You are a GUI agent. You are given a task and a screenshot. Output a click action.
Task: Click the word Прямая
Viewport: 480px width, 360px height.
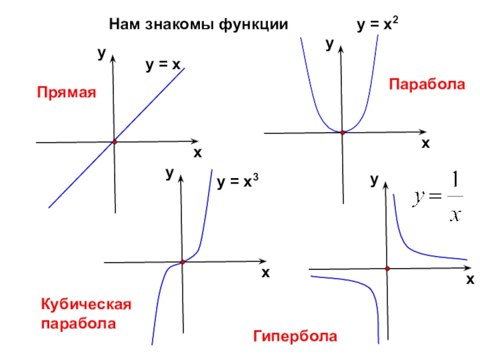coord(67,93)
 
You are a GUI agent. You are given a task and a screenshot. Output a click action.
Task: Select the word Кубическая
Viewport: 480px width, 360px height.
coord(85,305)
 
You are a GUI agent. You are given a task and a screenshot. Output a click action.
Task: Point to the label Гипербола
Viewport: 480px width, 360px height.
coord(295,336)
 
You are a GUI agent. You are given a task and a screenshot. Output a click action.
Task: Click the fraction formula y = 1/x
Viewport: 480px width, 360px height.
coord(439,197)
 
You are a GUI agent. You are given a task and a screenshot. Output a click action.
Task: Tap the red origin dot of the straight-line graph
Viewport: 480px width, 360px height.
coord(114,142)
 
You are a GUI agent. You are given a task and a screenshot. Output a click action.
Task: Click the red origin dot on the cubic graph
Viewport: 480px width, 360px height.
coord(182,262)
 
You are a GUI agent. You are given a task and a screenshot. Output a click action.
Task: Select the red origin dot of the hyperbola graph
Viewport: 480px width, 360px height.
coord(388,269)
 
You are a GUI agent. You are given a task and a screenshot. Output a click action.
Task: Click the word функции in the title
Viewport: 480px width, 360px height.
coord(254,25)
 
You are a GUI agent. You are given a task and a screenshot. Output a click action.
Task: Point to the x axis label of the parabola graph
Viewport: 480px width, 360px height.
coord(425,145)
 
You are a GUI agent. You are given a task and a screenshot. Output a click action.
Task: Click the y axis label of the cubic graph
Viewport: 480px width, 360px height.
coord(170,173)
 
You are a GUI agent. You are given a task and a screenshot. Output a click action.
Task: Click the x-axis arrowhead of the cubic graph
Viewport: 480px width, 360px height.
coord(262,262)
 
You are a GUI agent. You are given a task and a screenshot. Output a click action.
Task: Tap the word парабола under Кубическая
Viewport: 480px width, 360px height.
coord(78,324)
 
